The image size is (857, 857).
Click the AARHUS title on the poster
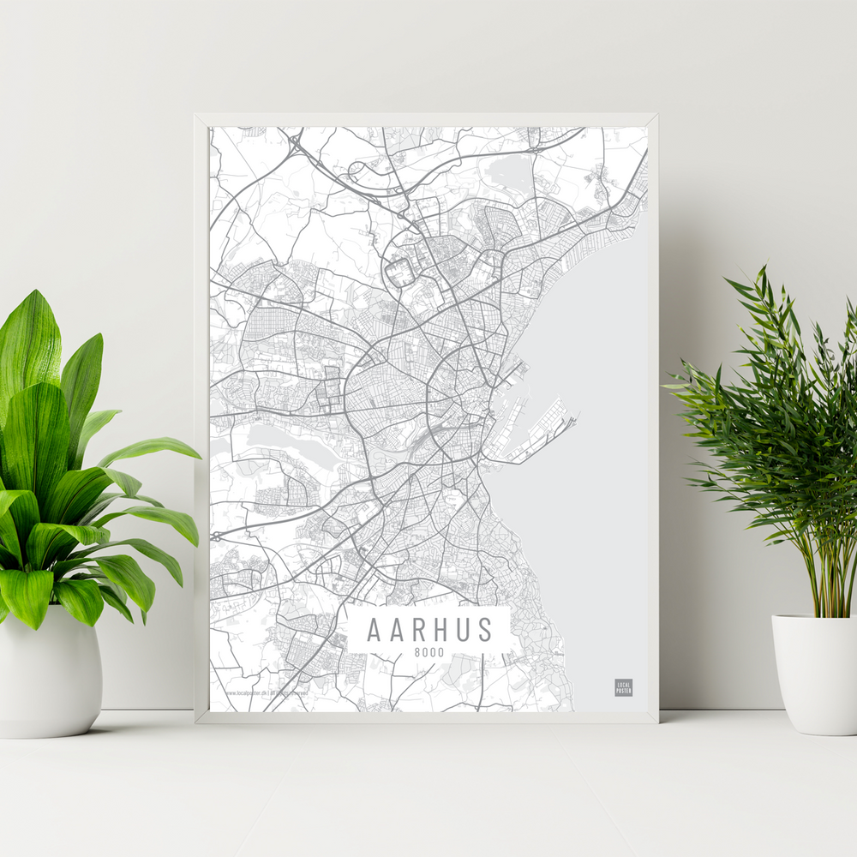pyautogui.click(x=430, y=629)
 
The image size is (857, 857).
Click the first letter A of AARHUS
pyautogui.click(x=374, y=629)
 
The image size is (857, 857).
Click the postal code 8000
pyautogui.click(x=429, y=653)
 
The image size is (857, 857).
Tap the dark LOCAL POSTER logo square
pyautogui.click(x=623, y=687)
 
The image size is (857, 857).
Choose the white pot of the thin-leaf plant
pyautogui.click(x=814, y=673)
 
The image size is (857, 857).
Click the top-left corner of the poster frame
pyautogui.click(x=196, y=115)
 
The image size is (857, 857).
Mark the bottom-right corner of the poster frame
pyautogui.click(x=656, y=722)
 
